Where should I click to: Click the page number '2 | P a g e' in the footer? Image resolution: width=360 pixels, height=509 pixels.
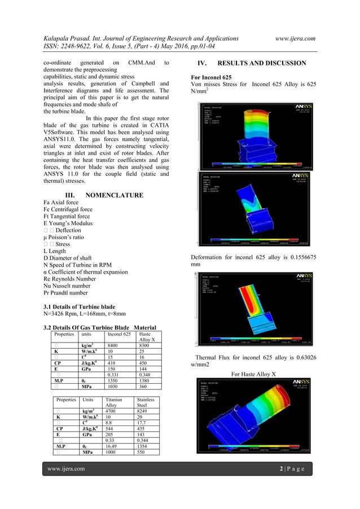point(296,468)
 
